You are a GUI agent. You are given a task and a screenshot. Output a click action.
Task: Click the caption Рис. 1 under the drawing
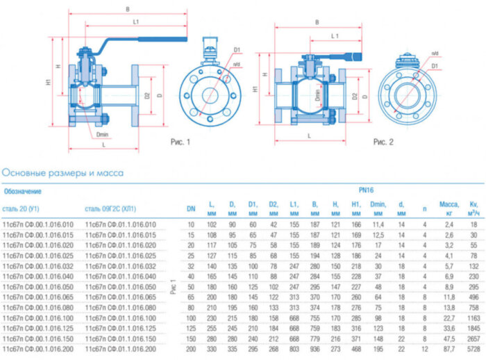click(181, 142)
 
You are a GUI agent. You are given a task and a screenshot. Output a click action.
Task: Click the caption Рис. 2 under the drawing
click(383, 142)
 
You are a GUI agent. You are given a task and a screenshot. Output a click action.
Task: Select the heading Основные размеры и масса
click(64, 172)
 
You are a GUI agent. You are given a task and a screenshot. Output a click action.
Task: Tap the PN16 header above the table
click(366, 188)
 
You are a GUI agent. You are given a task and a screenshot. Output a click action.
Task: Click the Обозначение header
click(23, 190)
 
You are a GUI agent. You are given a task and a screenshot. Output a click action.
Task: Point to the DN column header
click(191, 208)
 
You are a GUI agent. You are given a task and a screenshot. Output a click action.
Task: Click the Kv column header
click(474, 207)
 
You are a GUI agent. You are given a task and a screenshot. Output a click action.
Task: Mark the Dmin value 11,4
click(378, 224)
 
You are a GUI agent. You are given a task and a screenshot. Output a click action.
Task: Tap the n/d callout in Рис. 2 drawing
click(435, 54)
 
